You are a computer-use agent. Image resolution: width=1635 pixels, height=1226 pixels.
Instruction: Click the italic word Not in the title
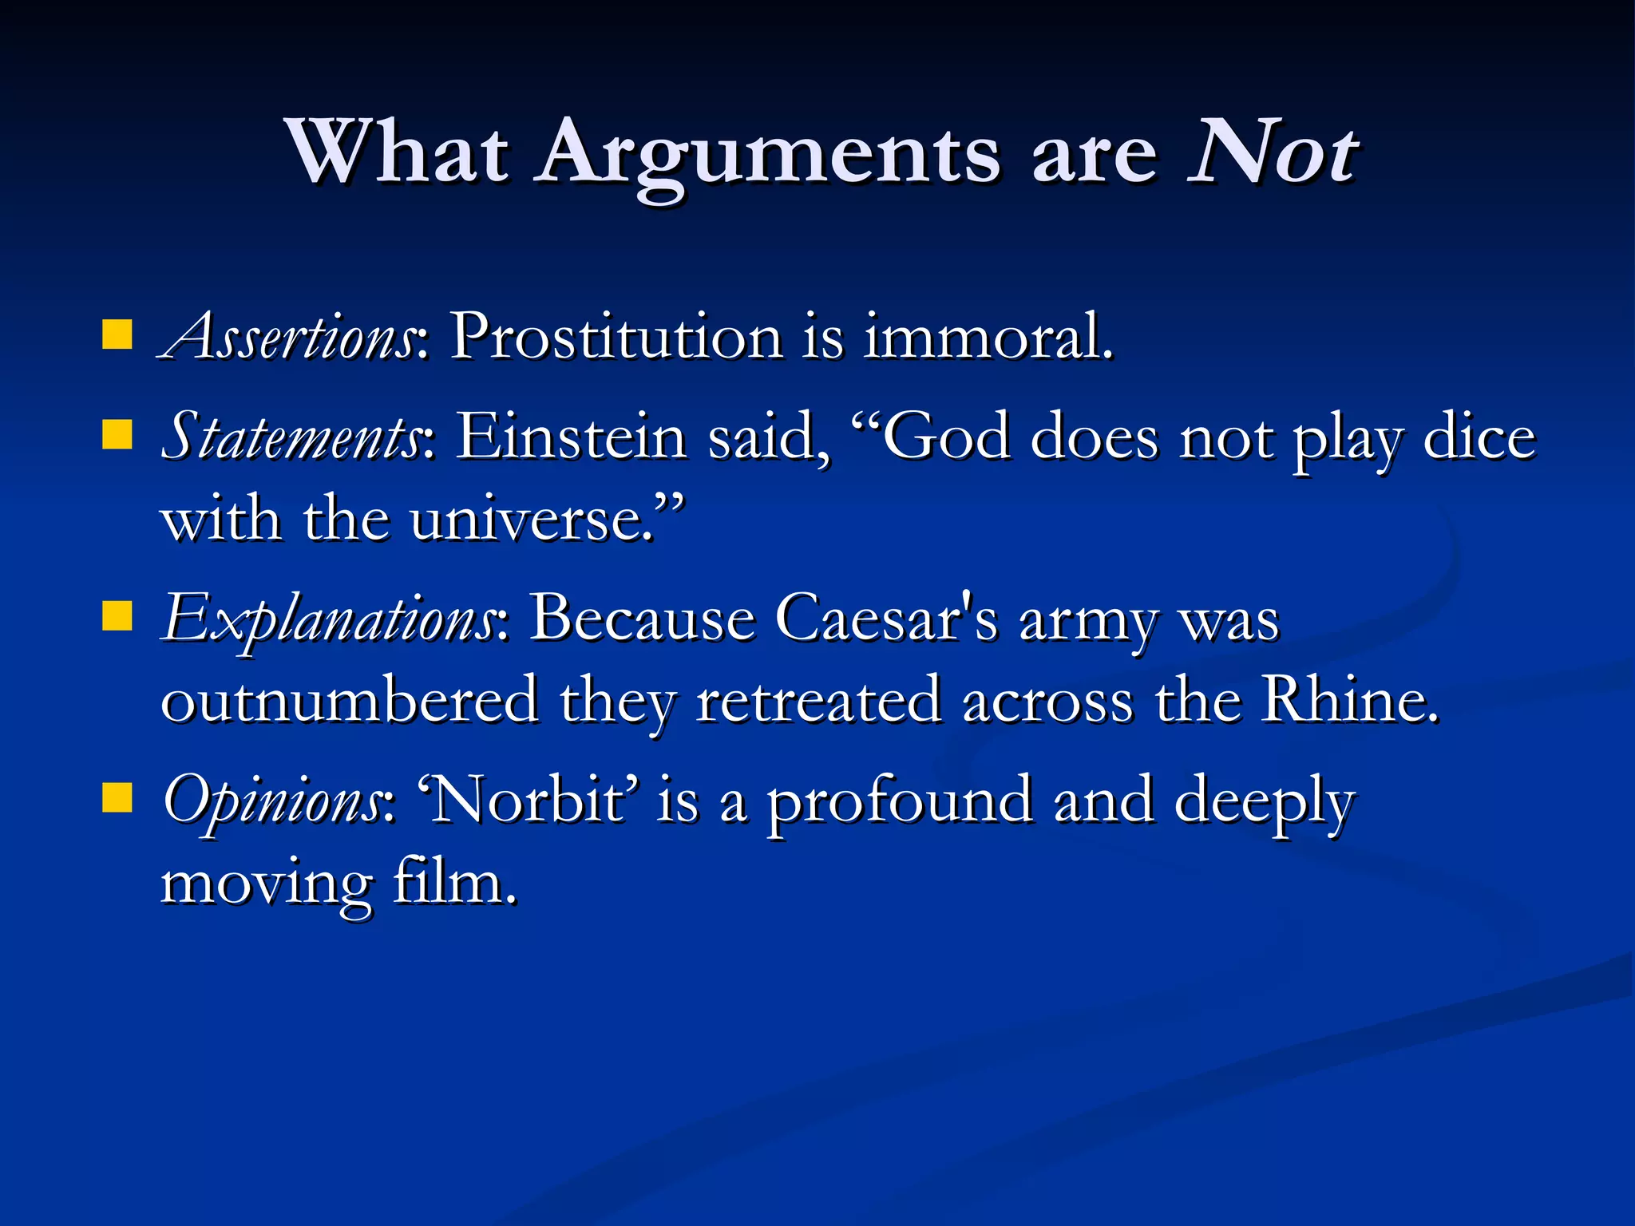click(x=1273, y=152)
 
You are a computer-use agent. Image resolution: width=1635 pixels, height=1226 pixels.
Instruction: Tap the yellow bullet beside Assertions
click(x=117, y=335)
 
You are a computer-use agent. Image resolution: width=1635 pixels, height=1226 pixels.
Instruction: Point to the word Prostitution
click(x=616, y=337)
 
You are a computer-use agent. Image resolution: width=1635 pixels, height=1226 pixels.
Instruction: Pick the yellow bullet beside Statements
click(x=117, y=436)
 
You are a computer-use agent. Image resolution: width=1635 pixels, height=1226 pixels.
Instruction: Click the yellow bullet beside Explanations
click(x=117, y=617)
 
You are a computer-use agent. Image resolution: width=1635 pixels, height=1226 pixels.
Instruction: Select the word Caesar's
click(x=886, y=619)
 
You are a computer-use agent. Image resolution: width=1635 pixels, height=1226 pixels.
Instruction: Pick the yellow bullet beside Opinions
click(x=117, y=797)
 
